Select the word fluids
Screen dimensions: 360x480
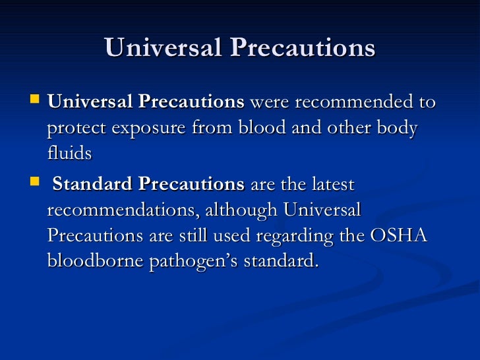tap(69, 153)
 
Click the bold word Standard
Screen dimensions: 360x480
tap(93, 184)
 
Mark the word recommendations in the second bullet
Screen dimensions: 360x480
tap(123, 210)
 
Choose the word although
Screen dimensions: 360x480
tap(242, 210)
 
